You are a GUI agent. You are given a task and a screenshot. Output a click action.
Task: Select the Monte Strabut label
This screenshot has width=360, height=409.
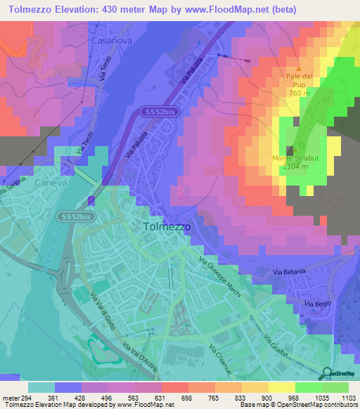pos(295,158)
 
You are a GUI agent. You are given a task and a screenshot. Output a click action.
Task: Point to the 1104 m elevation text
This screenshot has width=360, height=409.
pos(295,167)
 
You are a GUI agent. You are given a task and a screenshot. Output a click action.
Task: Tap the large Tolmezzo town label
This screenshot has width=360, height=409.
pos(167,227)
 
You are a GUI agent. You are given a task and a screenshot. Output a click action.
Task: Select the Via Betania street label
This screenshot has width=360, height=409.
pos(290,271)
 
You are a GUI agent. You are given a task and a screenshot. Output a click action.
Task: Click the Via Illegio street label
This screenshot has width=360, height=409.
pos(317,303)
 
